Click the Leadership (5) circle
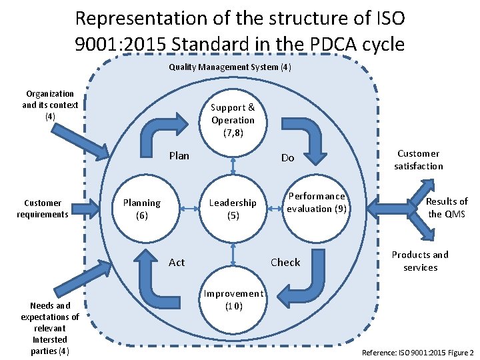coord(233,209)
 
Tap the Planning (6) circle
coord(142,209)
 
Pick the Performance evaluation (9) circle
coord(315,203)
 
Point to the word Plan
coord(179,156)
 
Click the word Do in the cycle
coord(287,158)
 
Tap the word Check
coord(285,262)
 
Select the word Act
coord(177,262)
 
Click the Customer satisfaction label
coord(418,159)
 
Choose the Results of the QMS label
coord(447,207)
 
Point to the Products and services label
coord(420,261)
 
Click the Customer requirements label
coord(43,209)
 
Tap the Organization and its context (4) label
coord(50,105)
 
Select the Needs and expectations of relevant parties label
coord(50,328)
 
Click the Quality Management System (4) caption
coord(230,67)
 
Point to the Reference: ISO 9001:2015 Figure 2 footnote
coord(417,352)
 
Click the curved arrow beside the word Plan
coord(163,130)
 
